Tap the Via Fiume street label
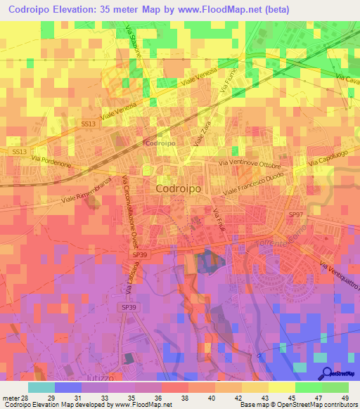[228, 82]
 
